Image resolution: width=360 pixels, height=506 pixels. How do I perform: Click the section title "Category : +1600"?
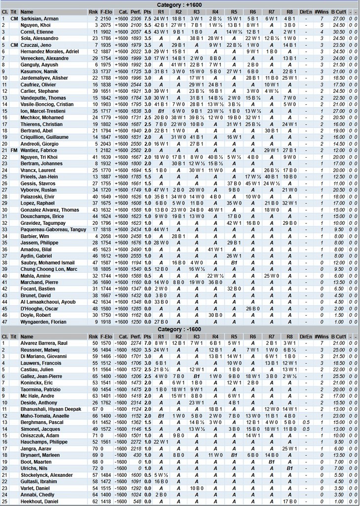[x=180, y=4]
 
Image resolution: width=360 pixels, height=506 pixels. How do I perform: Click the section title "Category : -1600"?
[x=180, y=330]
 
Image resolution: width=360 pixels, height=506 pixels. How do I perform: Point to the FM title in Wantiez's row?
[x=14, y=150]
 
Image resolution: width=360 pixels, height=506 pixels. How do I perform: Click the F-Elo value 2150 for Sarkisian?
[x=105, y=18]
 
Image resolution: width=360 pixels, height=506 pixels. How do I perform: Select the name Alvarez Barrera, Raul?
[x=43, y=343]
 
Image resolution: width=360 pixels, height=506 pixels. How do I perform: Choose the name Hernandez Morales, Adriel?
[x=49, y=51]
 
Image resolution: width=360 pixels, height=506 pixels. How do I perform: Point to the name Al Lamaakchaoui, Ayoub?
[x=48, y=302]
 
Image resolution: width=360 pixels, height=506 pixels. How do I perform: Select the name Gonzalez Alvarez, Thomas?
[x=49, y=210]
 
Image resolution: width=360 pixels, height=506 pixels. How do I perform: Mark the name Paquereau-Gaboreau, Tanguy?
[x=53, y=229]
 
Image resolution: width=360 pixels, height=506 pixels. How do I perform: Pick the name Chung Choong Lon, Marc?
[x=48, y=269]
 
